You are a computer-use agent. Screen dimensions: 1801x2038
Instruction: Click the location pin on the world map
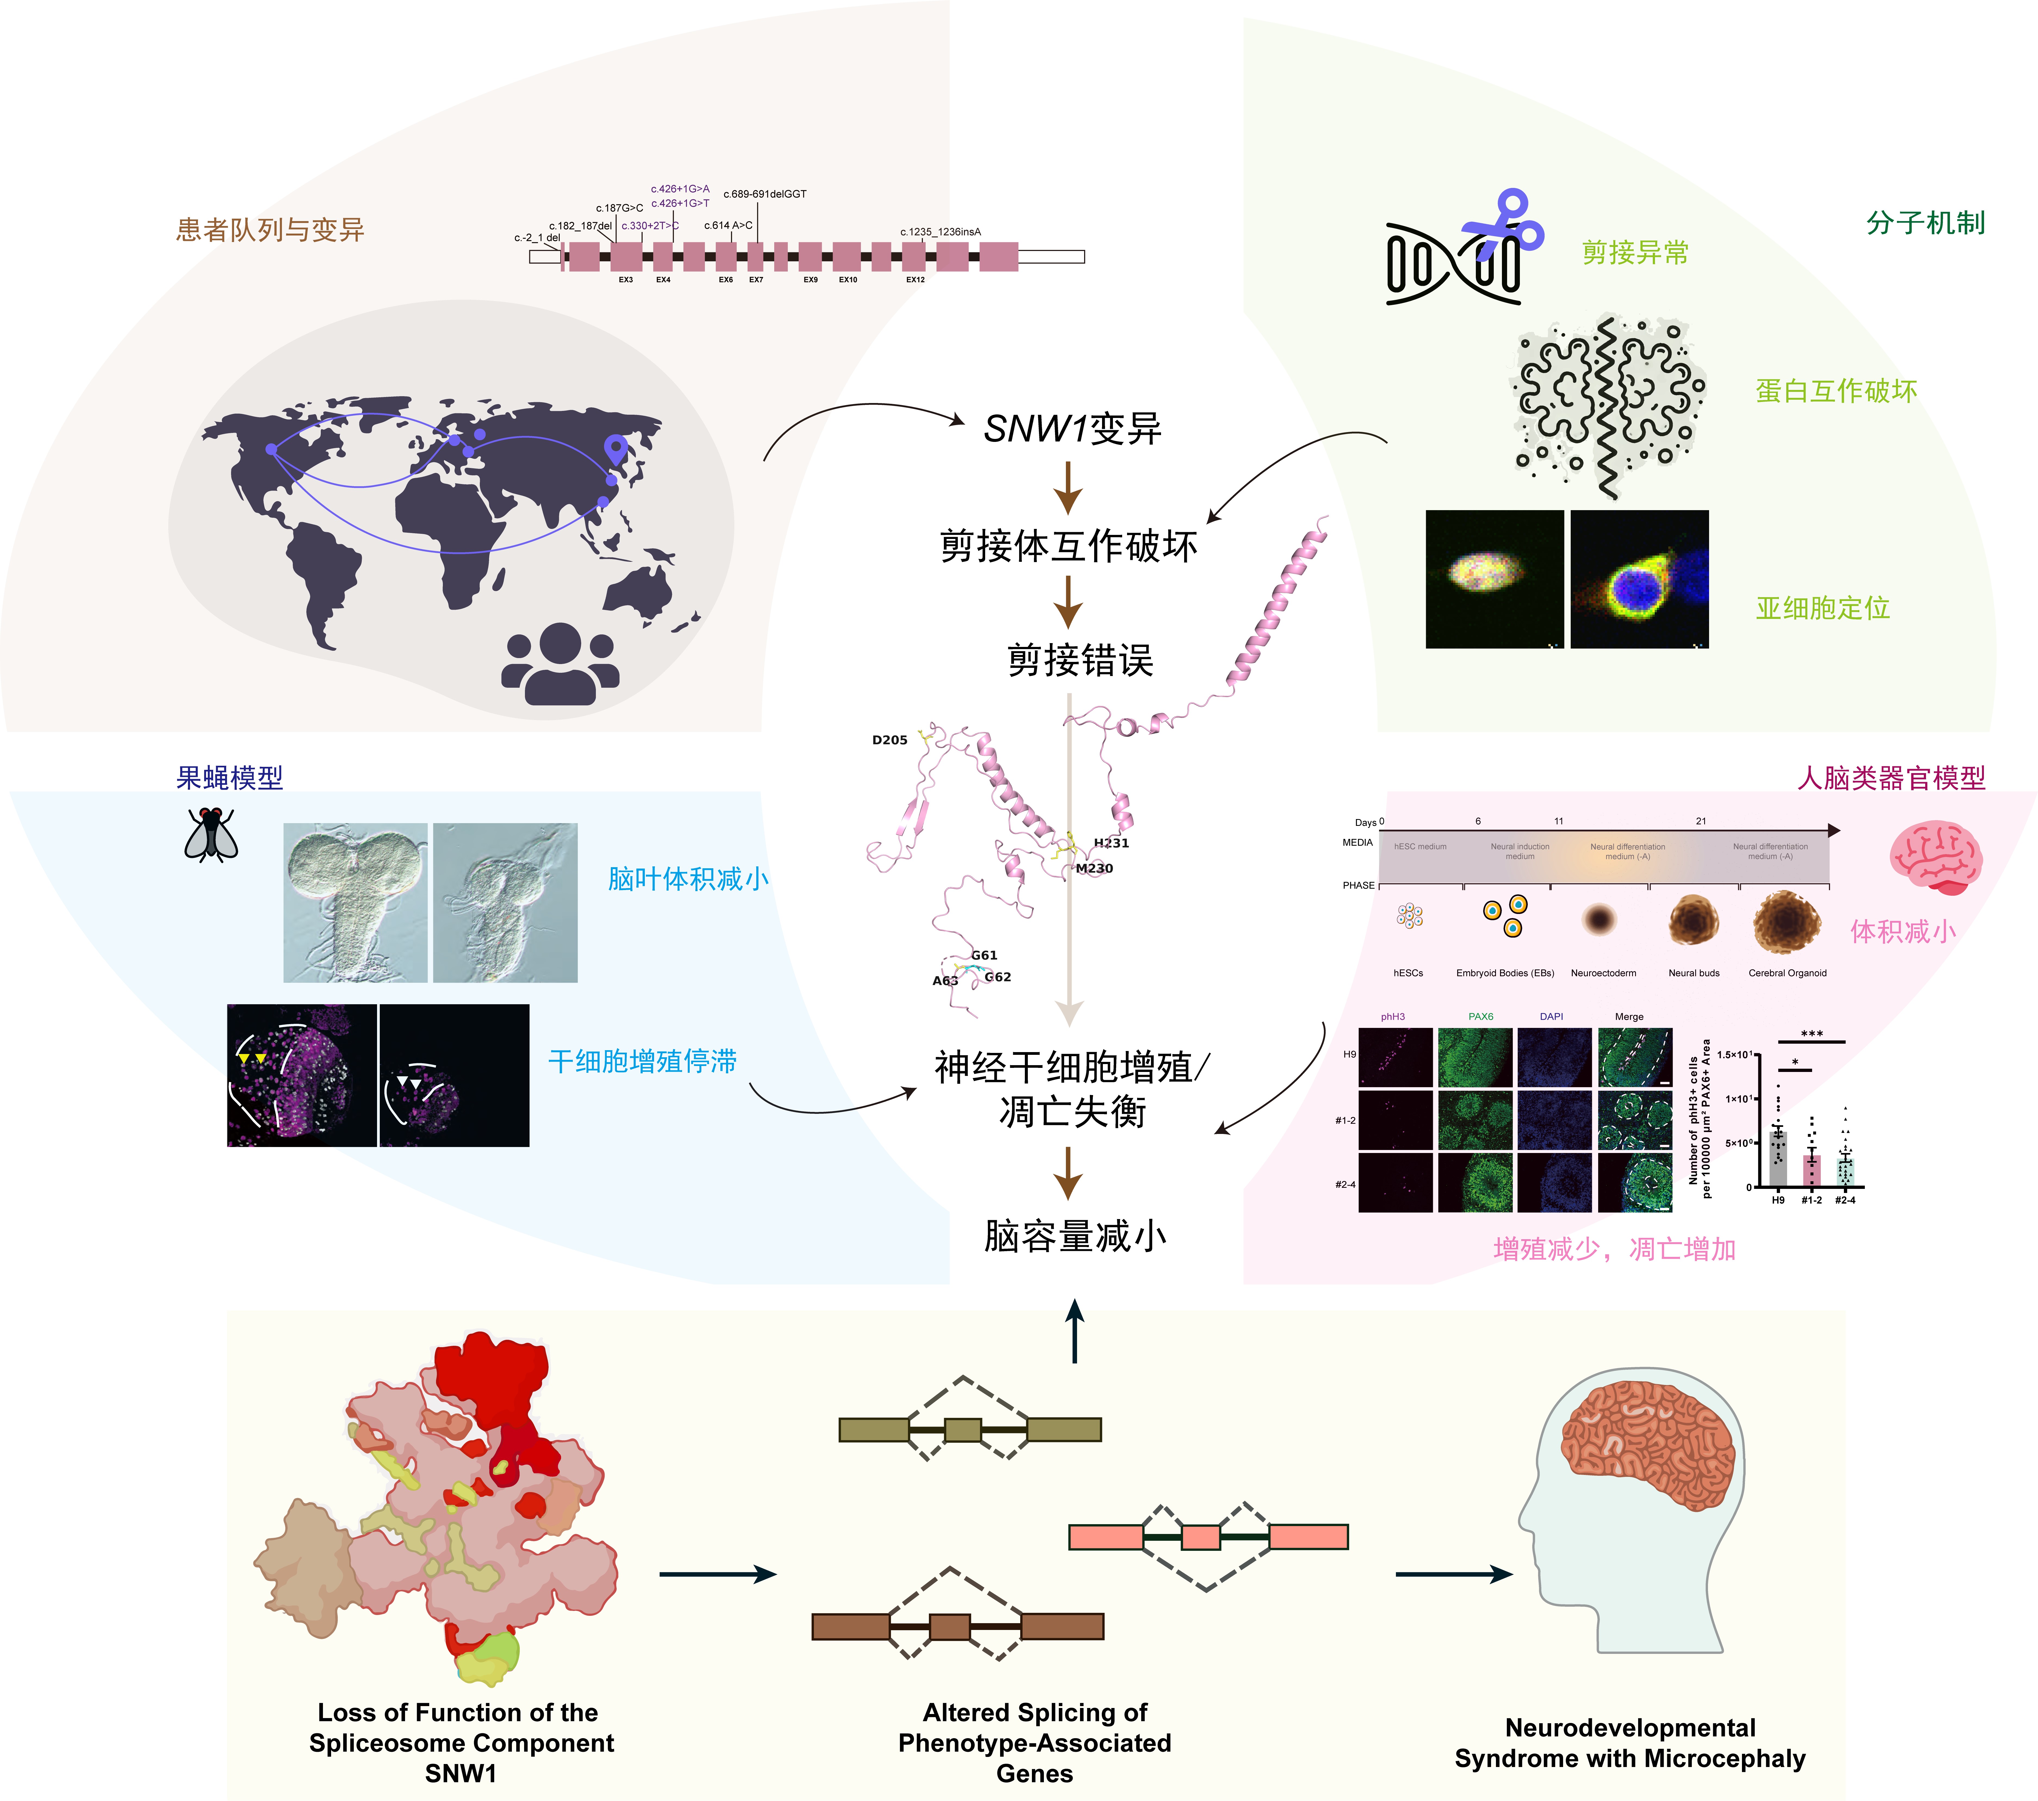coord(616,451)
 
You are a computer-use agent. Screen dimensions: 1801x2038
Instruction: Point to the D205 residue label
coord(889,740)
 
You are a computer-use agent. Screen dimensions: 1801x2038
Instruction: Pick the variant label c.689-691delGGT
coord(765,193)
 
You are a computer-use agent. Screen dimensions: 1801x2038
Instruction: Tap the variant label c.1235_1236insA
coord(940,231)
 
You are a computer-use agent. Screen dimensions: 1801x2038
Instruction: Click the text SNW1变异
coord(1072,429)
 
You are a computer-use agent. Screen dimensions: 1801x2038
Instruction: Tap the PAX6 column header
coord(1481,1016)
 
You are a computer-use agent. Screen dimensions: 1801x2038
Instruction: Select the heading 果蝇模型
coord(229,778)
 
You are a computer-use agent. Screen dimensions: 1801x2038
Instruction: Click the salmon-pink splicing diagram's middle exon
coord(1200,1537)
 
